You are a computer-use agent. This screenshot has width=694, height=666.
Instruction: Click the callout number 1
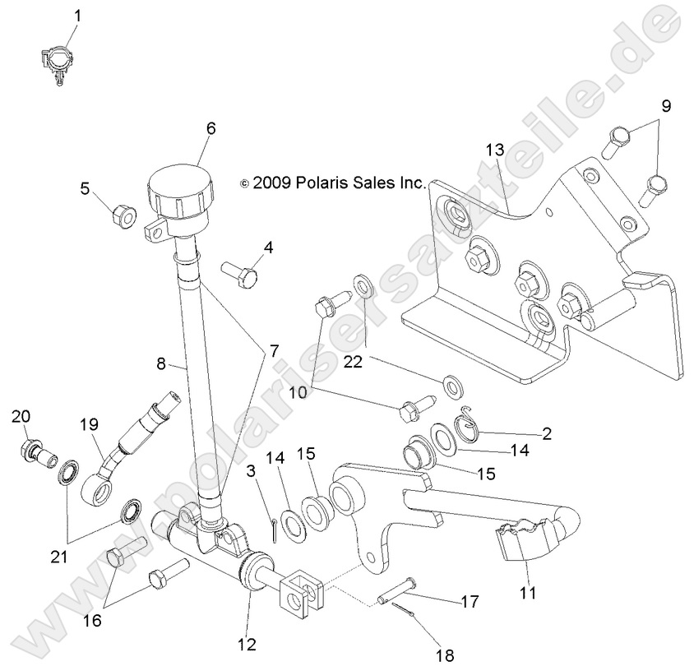point(79,16)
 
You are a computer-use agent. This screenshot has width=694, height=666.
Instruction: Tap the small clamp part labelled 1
point(53,64)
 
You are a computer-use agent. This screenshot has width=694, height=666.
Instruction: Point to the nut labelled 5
point(123,217)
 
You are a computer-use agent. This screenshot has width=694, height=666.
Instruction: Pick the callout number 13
point(516,150)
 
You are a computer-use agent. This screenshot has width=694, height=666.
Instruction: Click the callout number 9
point(666,106)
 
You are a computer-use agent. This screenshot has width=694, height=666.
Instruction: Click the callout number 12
point(248,643)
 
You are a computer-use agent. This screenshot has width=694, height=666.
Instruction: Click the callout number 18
point(444,655)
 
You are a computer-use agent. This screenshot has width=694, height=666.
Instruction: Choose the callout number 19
point(89,426)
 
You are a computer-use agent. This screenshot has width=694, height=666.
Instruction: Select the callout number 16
point(91,619)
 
